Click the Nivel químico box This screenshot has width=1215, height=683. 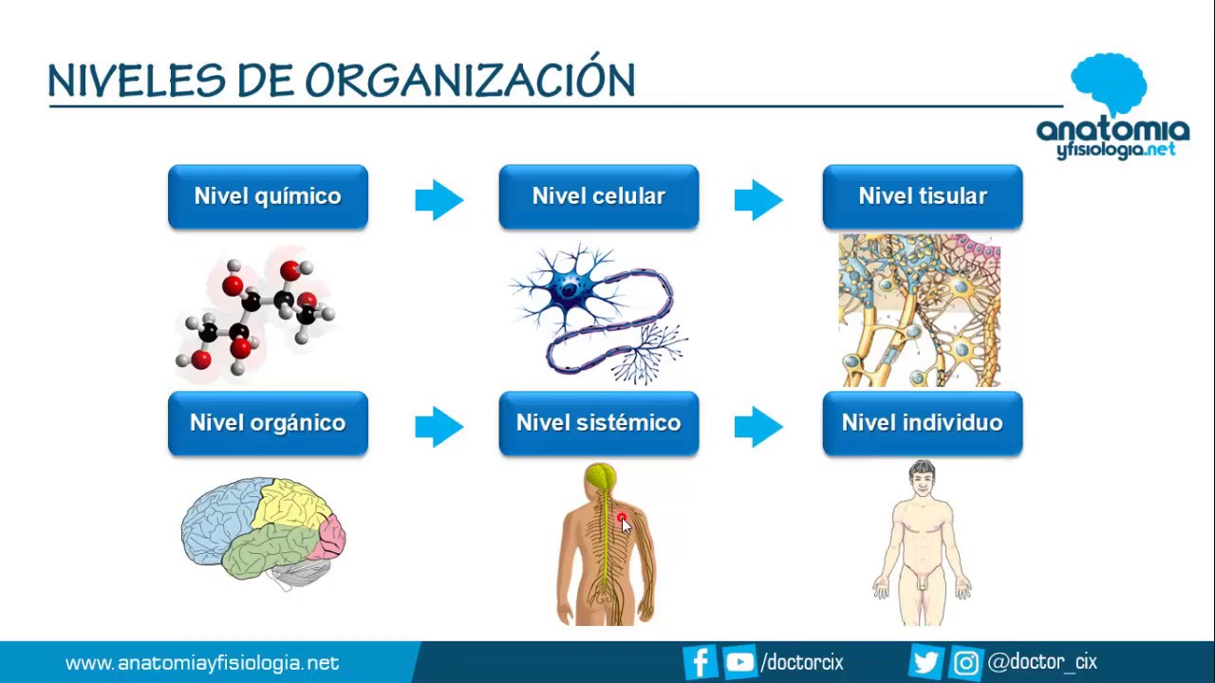(x=268, y=197)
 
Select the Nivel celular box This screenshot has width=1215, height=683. (x=598, y=197)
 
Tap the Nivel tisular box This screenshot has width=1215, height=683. (x=922, y=197)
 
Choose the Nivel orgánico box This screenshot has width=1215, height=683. (x=268, y=423)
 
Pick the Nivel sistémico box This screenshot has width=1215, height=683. (x=598, y=423)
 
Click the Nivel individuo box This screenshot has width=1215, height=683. (x=922, y=423)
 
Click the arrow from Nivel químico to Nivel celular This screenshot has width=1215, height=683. (x=439, y=199)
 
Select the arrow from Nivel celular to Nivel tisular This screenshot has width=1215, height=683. (x=758, y=199)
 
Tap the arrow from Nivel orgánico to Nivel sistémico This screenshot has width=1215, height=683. (x=439, y=426)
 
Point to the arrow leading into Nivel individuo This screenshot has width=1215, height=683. (x=758, y=426)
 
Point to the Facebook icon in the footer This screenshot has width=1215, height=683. (x=700, y=662)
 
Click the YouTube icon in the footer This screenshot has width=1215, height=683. (x=738, y=662)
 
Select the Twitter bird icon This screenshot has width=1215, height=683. (x=925, y=662)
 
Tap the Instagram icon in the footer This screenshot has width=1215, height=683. (x=965, y=662)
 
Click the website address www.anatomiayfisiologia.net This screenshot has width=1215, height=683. (x=201, y=663)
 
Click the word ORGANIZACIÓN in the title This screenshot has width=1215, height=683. (x=470, y=82)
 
